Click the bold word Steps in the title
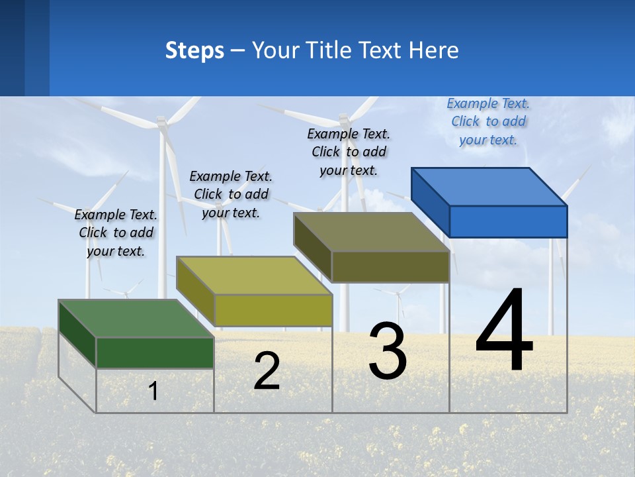point(194,50)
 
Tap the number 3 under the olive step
point(388,351)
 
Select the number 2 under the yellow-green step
point(267,371)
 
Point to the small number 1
point(153,391)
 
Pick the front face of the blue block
point(508,221)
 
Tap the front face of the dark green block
point(155,352)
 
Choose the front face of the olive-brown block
point(390,266)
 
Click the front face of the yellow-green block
point(273,310)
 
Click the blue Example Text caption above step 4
point(488,121)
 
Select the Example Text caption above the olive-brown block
point(349,152)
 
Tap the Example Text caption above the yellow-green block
point(231,194)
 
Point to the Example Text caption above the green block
point(116,233)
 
